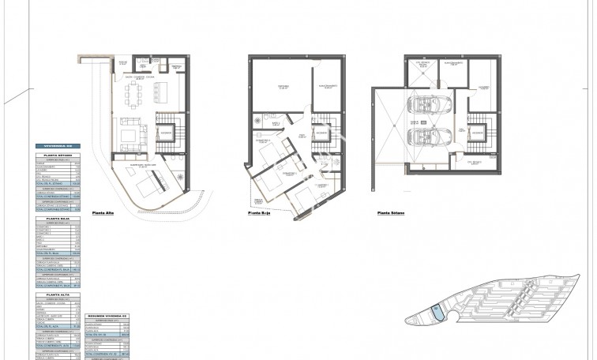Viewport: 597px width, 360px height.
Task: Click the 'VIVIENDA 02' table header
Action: coord(58,148)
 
